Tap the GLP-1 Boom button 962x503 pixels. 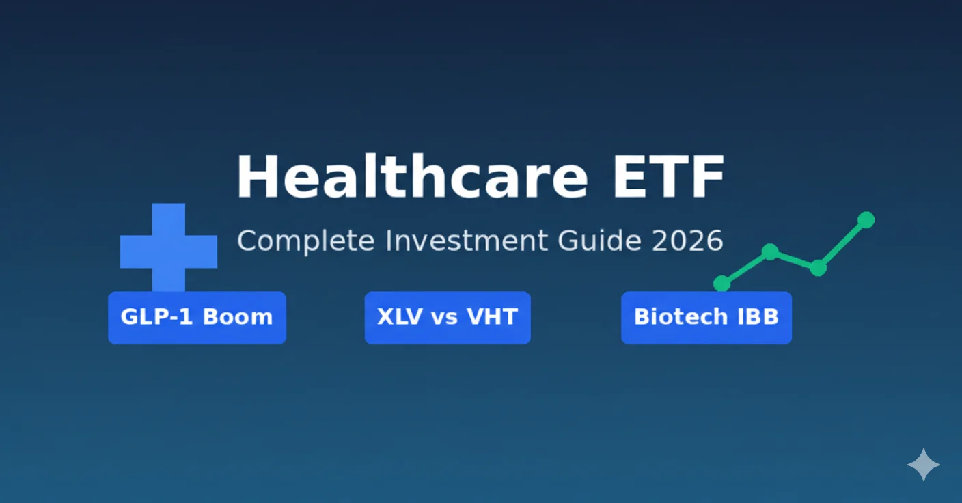click(197, 317)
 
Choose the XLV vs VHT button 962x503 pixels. click(448, 317)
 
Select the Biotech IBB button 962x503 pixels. click(706, 317)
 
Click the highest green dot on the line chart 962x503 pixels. click(866, 219)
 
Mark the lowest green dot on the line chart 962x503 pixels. click(721, 283)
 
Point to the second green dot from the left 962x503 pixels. click(770, 251)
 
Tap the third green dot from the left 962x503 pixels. click(818, 268)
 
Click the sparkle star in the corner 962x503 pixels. click(923, 465)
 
